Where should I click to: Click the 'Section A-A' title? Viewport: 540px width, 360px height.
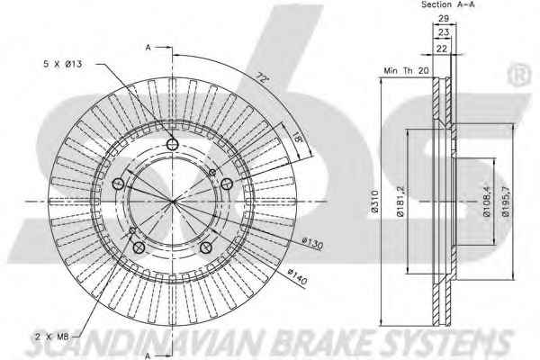tap(448, 4)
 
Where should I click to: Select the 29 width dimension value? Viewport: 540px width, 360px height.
tap(444, 19)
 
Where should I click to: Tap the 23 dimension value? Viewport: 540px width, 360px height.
tap(444, 32)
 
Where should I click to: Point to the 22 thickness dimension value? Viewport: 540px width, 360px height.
tap(442, 49)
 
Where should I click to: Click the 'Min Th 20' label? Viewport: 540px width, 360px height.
tap(407, 71)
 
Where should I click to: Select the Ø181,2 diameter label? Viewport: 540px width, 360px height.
tap(400, 202)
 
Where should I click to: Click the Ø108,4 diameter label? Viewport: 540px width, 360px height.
tap(488, 202)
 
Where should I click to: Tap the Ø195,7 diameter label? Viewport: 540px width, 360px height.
tap(506, 202)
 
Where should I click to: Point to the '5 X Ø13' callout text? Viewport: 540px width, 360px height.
tap(63, 64)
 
